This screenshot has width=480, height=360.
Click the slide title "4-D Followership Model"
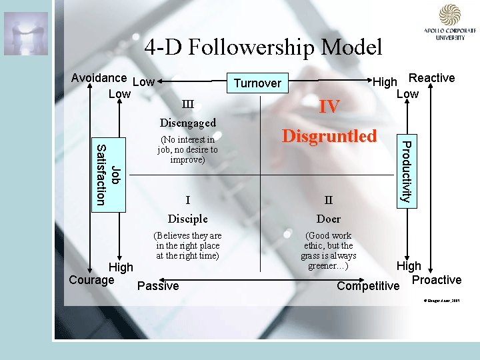click(263, 47)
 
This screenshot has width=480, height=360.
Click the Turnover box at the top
click(257, 83)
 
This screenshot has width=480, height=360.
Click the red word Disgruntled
click(329, 136)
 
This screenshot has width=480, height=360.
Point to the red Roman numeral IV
click(329, 107)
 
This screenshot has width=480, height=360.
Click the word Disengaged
click(187, 123)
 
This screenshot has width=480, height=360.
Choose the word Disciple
click(187, 219)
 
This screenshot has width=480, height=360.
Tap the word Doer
click(329, 219)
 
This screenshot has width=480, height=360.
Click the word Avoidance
click(99, 78)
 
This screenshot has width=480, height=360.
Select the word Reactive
click(431, 78)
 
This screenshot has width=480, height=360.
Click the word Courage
click(91, 279)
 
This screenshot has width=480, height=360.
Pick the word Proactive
click(437, 280)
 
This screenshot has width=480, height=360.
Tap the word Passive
click(158, 286)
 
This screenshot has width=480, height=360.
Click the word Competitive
click(368, 286)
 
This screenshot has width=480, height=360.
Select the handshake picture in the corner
click(25, 33)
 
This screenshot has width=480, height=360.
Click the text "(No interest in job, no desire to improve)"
click(187, 150)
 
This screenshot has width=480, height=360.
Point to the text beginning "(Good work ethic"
click(329, 251)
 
